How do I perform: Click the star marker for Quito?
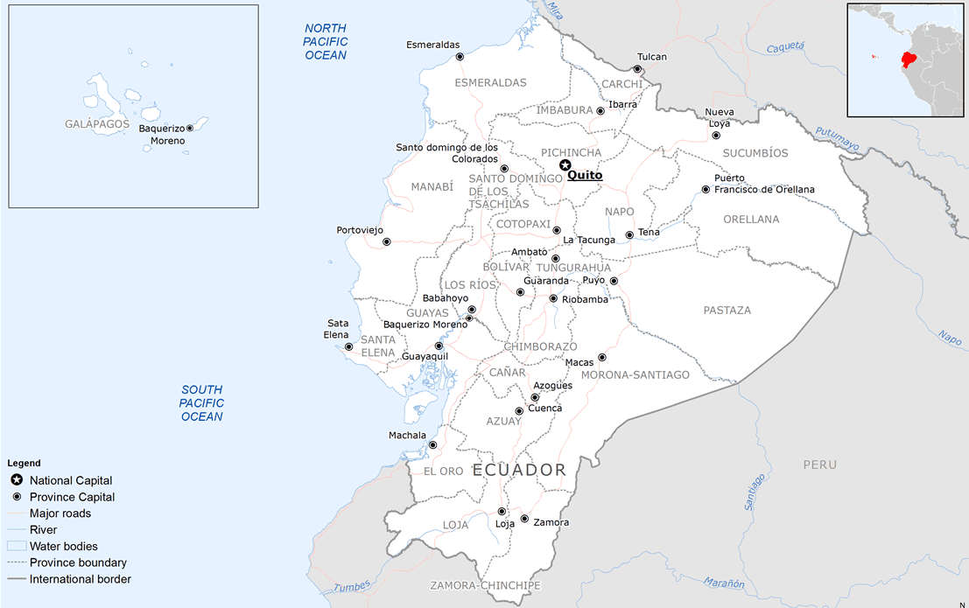565,165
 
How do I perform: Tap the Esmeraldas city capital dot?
460,57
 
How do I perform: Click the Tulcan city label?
652,57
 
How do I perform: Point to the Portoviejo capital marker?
386,241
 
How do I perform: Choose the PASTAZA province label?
727,311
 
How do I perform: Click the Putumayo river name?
838,139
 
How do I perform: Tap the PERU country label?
820,465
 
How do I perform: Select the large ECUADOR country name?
519,470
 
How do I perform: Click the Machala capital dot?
432,445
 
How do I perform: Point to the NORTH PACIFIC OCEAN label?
326,42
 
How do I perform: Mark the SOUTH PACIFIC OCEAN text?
202,403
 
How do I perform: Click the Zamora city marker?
523,519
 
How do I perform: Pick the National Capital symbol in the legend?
17,480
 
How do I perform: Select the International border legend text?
81,579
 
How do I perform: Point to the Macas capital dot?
601,358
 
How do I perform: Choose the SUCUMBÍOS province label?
755,153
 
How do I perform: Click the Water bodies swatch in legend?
17,546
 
